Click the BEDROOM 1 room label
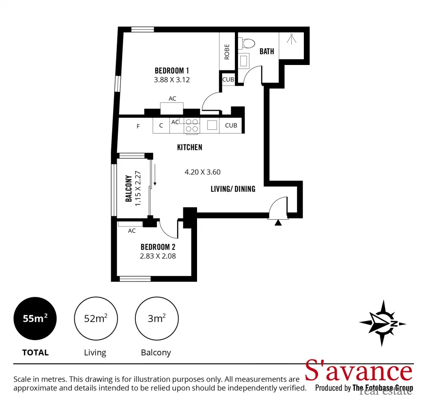[x=171, y=70]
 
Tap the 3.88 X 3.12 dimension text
[x=171, y=80]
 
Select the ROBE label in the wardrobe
[x=227, y=51]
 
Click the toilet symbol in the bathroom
[x=248, y=43]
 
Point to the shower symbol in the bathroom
[x=292, y=39]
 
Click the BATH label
[x=266, y=51]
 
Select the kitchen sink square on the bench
[x=212, y=125]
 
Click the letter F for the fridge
[x=138, y=126]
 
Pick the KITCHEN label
[x=189, y=147]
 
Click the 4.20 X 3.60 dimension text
[x=202, y=172]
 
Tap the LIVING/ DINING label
[x=233, y=189]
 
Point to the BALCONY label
[x=129, y=189]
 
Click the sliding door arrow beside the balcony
[x=155, y=176]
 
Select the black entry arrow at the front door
[x=278, y=222]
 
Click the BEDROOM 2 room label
[x=158, y=247]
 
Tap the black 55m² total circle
[x=36, y=319]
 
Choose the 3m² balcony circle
[x=156, y=319]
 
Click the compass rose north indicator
[x=382, y=323]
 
